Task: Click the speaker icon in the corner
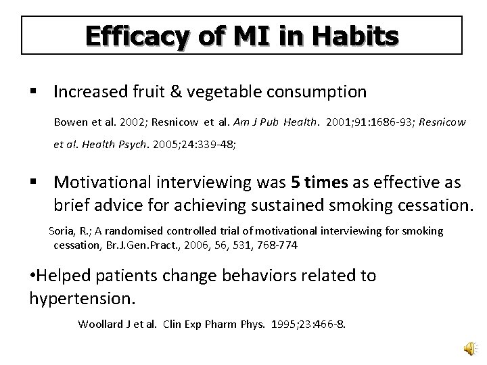coord(469,347)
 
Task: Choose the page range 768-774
coord(277,245)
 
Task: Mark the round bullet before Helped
coord(34,276)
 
